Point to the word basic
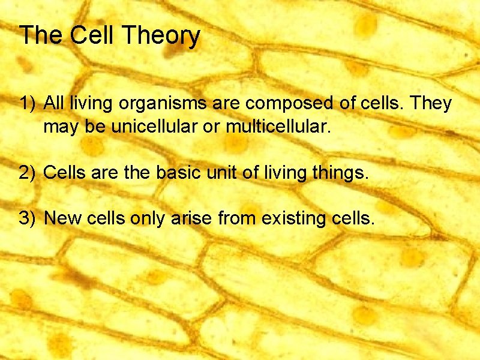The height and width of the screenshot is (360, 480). tap(178, 173)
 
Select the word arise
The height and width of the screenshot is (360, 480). tap(189, 218)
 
